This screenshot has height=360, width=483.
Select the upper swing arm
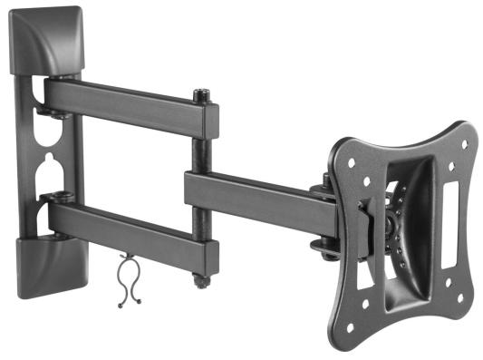pos(127,105)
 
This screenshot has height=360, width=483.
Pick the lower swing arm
pos(127,227)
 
